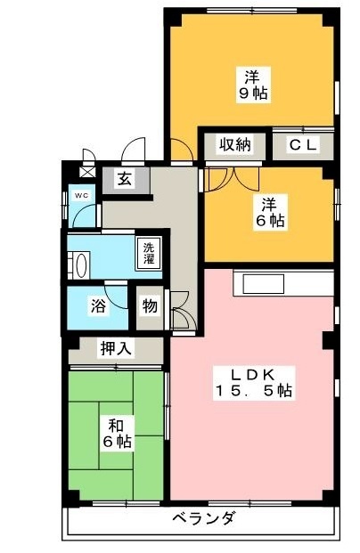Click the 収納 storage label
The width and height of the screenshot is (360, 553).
click(235, 145)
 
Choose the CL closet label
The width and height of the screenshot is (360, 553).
click(302, 145)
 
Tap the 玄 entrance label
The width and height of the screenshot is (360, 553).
click(124, 179)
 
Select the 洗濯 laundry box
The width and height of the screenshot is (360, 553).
click(147, 252)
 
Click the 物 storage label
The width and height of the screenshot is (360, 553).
click(150, 306)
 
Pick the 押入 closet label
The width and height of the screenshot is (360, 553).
click(116, 348)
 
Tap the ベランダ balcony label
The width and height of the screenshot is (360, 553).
click(202, 519)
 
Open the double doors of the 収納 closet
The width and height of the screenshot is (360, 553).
click(220, 176)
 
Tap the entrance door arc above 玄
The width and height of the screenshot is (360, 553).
click(135, 150)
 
